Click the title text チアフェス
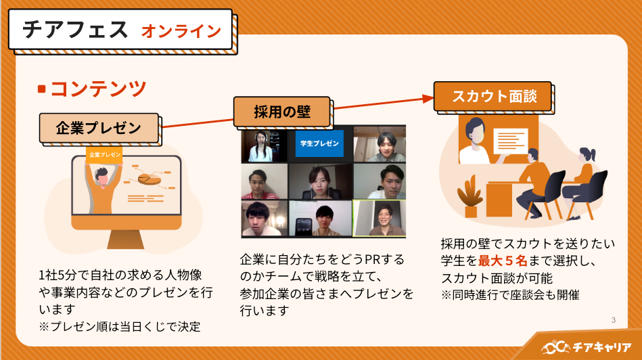pos(74,30)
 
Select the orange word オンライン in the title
pos(181,31)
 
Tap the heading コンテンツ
pos(98,88)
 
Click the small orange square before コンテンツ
pos(42,89)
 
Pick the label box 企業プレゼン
pos(98,128)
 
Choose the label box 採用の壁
pos(282,112)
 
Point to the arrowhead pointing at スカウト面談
pos(428,98)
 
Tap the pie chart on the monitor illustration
pos(148,179)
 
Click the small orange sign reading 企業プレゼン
pos(104,154)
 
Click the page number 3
pos(613,320)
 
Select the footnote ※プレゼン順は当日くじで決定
pos(120,326)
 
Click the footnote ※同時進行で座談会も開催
pos(510,295)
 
